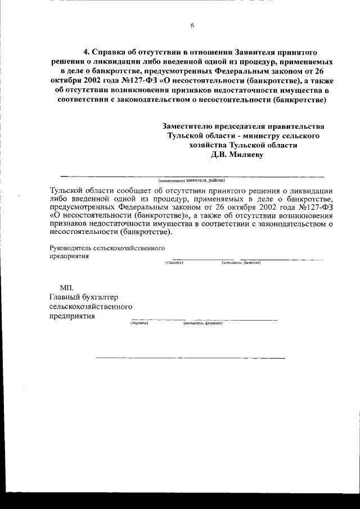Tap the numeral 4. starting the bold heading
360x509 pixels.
click(x=86, y=49)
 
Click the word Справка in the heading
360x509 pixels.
click(x=109, y=49)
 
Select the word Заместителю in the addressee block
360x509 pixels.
click(x=188, y=127)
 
